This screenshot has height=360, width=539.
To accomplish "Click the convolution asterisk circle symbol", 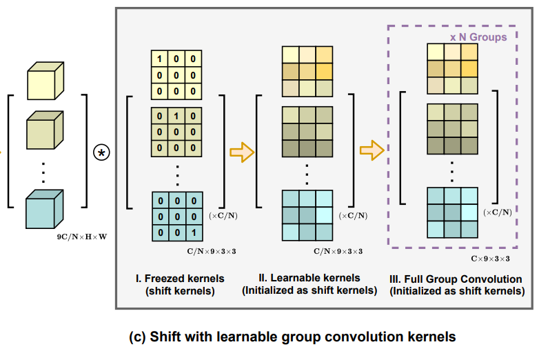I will pyautogui.click(x=101, y=152).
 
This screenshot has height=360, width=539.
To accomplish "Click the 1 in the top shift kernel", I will pyautogui.click(x=161, y=59).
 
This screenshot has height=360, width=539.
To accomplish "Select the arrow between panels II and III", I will pyautogui.click(x=372, y=150).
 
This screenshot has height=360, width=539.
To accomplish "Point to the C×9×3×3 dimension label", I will pyautogui.click(x=490, y=259).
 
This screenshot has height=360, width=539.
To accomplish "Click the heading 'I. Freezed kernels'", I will pyautogui.click(x=180, y=279).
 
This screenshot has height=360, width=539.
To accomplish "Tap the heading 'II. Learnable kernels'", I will pyautogui.click(x=309, y=278).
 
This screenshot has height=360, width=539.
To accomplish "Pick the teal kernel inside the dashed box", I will pyautogui.click(x=452, y=212).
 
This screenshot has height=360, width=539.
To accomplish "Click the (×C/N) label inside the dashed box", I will pyautogui.click(x=497, y=212).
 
